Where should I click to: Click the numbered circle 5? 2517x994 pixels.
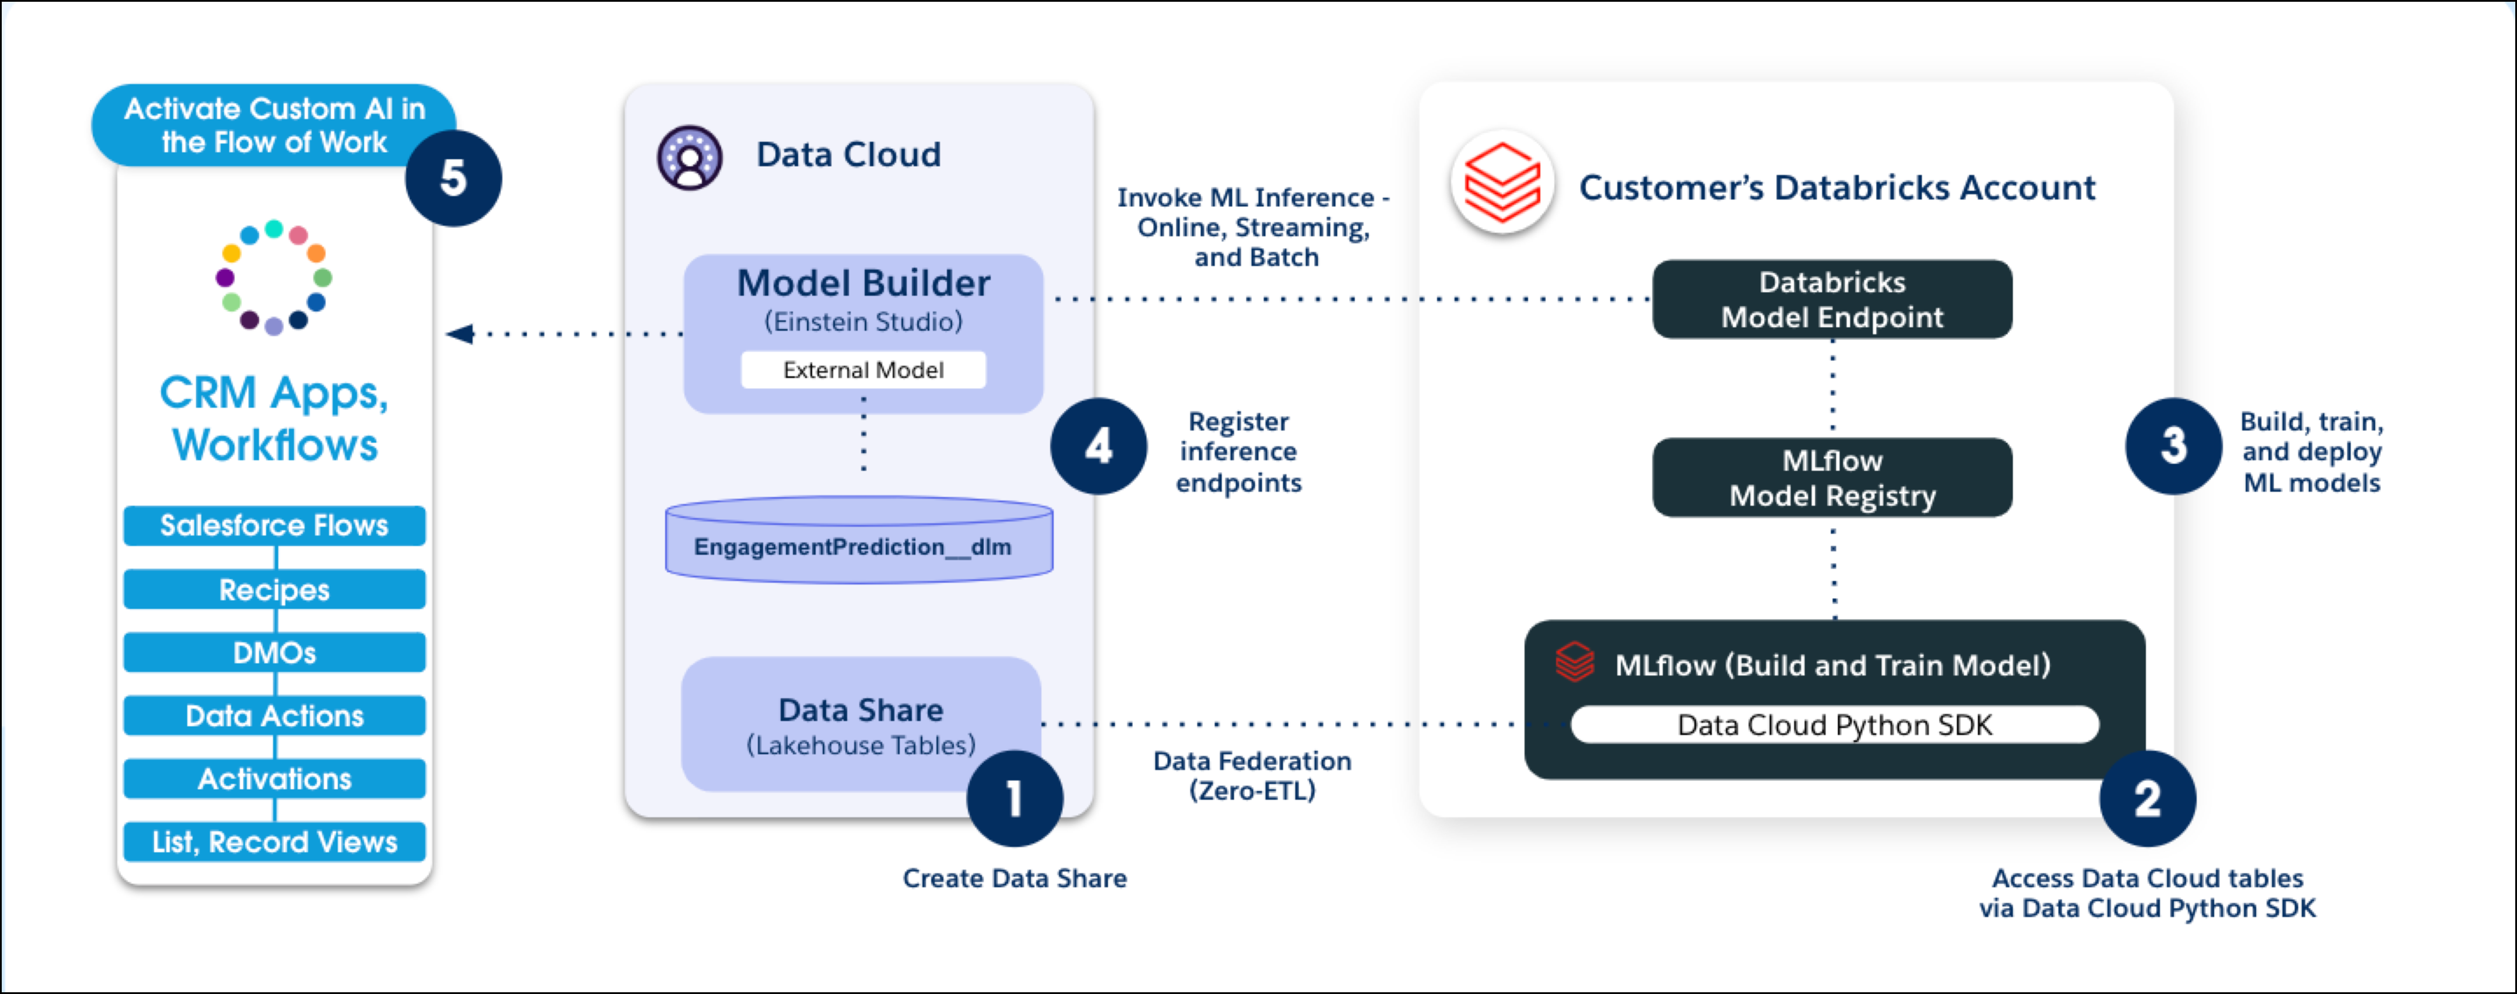[x=453, y=178]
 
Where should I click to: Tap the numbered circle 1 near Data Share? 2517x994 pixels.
[x=1014, y=798]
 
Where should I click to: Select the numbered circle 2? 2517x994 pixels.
[x=2147, y=799]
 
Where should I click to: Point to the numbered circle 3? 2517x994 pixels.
[x=2173, y=446]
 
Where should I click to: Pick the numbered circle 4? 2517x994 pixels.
[x=1098, y=446]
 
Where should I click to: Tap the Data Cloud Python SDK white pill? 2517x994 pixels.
[x=1834, y=724]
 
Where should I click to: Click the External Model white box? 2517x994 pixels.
[x=863, y=370]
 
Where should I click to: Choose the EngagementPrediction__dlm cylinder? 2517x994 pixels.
[x=859, y=542]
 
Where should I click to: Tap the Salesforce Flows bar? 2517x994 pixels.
[x=275, y=526]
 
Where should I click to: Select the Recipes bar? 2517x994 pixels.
[x=275, y=589]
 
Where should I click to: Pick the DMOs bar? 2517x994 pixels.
[x=275, y=652]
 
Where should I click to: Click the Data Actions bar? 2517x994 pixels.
[x=275, y=716]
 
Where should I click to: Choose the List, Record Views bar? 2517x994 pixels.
[x=275, y=842]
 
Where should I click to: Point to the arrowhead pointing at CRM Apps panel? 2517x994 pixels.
[x=459, y=334]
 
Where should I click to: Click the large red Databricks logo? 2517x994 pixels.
[x=1502, y=183]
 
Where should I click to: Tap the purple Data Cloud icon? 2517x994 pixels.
[x=690, y=156]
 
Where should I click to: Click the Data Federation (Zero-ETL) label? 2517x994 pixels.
[x=1251, y=775]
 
